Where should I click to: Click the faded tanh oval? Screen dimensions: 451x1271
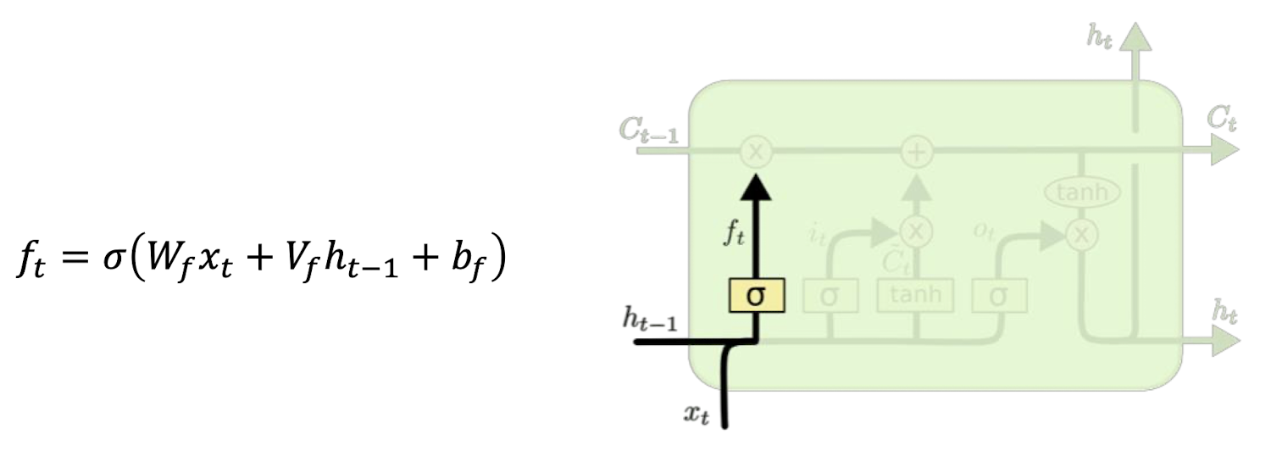coord(1082,193)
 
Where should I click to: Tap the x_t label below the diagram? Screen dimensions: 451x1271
coord(697,415)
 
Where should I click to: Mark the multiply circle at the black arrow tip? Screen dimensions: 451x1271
coord(756,153)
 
